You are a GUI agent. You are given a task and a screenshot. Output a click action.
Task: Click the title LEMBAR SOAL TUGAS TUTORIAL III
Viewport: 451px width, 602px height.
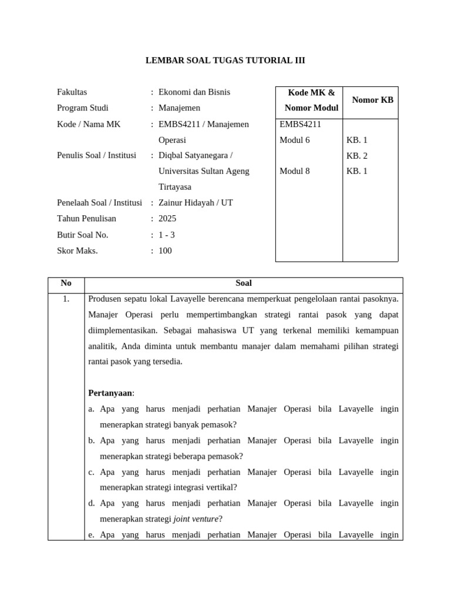click(x=225, y=61)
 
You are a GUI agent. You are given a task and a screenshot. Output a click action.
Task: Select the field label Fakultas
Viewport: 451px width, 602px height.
click(x=72, y=92)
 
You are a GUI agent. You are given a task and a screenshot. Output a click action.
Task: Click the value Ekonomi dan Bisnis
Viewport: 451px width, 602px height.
click(x=194, y=92)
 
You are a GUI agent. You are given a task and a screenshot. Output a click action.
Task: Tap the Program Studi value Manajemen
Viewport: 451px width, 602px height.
click(x=179, y=108)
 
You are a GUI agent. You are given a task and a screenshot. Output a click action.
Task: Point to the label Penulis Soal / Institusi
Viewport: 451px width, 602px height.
click(x=96, y=156)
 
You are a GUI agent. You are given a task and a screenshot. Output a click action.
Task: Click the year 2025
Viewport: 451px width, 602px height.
click(x=167, y=219)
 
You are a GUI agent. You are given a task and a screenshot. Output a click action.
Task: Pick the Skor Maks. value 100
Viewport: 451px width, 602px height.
click(x=165, y=250)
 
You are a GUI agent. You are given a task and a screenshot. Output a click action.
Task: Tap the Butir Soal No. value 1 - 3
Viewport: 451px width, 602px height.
click(x=167, y=235)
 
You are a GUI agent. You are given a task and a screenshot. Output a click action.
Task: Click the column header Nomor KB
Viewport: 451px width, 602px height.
click(x=372, y=100)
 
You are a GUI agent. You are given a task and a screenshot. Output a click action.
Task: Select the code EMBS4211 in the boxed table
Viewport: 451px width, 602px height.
click(x=300, y=124)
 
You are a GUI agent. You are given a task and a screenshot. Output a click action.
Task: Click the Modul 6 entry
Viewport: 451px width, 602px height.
click(x=294, y=140)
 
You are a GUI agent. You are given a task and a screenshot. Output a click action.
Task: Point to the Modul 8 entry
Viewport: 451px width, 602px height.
click(x=294, y=172)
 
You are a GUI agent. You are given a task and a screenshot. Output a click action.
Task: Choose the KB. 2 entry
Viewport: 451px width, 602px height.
click(x=356, y=156)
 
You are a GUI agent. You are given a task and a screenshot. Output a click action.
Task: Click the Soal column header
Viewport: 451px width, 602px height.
click(x=243, y=283)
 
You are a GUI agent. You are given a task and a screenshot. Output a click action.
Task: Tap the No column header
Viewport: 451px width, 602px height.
click(x=66, y=283)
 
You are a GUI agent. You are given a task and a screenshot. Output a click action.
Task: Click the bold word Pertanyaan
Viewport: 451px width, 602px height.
click(x=110, y=393)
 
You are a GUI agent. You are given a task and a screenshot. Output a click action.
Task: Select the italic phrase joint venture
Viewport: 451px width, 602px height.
click(x=196, y=519)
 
